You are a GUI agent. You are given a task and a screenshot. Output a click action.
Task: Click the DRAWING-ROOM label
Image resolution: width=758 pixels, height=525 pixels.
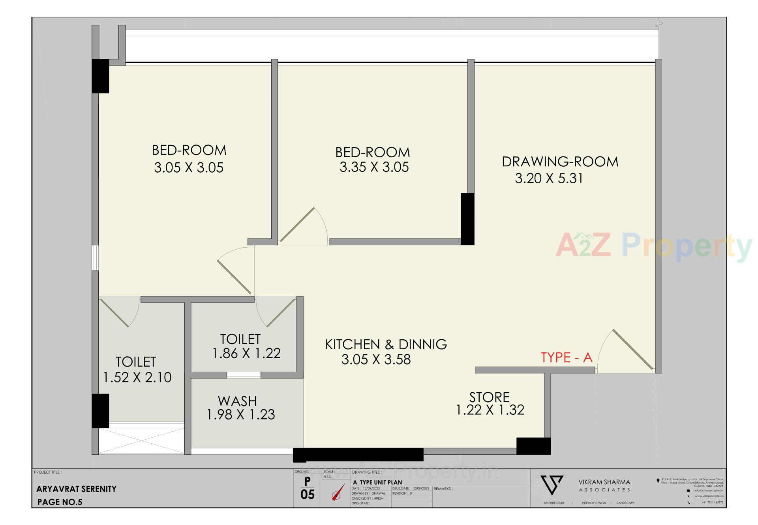[560, 162]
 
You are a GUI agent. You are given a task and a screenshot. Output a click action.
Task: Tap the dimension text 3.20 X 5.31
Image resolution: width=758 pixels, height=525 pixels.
[549, 179]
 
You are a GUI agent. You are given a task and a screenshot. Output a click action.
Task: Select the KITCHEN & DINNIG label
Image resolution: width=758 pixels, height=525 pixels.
[386, 344]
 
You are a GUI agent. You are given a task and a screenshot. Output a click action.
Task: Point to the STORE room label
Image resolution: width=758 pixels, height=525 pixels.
[489, 397]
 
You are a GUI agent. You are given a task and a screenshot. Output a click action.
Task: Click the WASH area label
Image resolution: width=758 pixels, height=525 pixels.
[237, 401]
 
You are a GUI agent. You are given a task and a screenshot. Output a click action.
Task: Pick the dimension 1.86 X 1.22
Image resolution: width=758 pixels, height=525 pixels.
[246, 353]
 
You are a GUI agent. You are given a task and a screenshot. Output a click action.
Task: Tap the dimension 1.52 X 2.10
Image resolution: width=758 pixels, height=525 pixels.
[137, 377]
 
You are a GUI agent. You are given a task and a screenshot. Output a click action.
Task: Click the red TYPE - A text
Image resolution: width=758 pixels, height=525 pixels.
[567, 358]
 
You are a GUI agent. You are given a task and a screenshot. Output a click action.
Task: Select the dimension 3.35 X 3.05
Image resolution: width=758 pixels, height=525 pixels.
[374, 167]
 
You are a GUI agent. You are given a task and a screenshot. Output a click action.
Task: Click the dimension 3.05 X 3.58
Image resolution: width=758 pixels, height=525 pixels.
[376, 359]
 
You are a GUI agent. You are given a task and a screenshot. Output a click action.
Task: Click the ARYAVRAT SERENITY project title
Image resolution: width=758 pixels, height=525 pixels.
[76, 489]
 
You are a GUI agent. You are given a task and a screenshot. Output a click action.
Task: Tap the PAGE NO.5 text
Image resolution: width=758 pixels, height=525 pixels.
[60, 502]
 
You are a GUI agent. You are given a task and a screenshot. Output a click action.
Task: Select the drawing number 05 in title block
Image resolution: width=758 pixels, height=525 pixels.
[308, 495]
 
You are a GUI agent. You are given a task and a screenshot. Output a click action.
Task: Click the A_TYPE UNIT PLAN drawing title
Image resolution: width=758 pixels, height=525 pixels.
[377, 482]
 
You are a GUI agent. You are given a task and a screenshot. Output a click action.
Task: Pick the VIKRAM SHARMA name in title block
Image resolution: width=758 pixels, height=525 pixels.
[604, 482]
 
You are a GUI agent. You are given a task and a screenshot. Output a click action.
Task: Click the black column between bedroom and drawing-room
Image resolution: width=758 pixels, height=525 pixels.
[467, 219]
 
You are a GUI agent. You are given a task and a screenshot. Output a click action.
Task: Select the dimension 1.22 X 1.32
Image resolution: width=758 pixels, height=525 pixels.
[490, 410]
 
